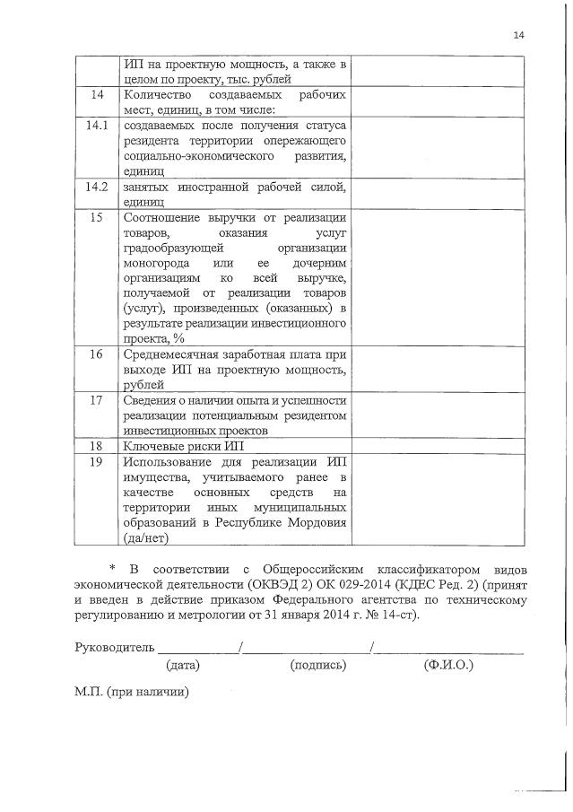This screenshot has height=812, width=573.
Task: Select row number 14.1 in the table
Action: [x=96, y=127]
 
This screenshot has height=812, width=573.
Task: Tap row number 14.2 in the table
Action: [x=96, y=188]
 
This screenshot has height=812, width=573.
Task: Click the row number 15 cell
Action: [x=96, y=218]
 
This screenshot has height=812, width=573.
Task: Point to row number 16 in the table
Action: [x=96, y=354]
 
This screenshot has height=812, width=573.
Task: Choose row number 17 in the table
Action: [x=96, y=400]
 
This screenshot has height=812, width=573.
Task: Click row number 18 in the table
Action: [x=96, y=446]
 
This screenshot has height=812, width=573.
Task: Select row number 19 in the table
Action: [x=96, y=461]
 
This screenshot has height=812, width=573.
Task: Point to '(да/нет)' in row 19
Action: [x=146, y=537]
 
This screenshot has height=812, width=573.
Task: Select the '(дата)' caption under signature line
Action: [x=182, y=666]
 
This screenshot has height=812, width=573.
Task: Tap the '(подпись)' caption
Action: [x=318, y=666]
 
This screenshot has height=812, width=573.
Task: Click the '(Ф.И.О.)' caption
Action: [x=448, y=666]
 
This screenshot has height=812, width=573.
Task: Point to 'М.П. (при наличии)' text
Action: [x=133, y=694]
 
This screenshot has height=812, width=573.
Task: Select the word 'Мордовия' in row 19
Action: [x=317, y=522]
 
